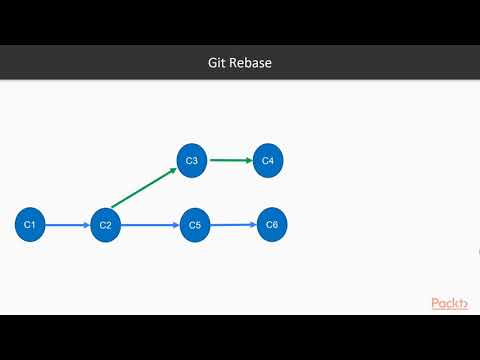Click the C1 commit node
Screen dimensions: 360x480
pos(30,225)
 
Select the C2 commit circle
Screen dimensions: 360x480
pos(105,225)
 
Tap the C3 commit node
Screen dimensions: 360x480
pos(192,160)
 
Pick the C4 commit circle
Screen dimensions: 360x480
pos(268,160)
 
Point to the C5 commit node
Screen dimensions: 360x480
pos(194,225)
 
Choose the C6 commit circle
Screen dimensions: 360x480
pos(272,224)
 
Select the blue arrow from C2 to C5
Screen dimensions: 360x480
pos(148,225)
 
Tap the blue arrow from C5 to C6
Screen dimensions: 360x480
pos(232,225)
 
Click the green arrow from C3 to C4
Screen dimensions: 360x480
pos(230,160)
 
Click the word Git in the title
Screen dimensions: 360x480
pos(203,63)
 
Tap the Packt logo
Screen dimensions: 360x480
pos(451,303)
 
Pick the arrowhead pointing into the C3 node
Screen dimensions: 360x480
pos(174,170)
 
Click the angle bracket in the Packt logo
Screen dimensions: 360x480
pos(467,303)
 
